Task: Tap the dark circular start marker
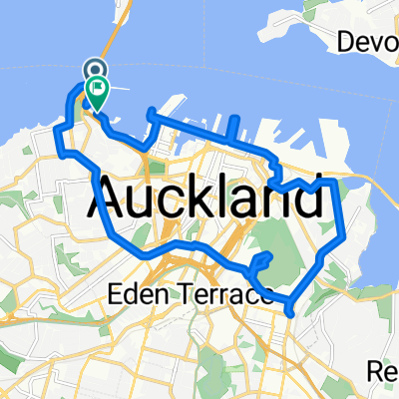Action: point(95,69)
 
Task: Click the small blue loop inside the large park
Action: point(261,261)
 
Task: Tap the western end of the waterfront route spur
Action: point(149,111)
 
